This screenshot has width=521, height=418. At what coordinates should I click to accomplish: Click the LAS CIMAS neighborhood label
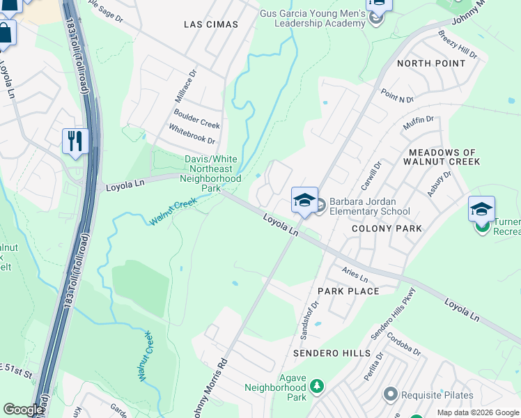point(210,24)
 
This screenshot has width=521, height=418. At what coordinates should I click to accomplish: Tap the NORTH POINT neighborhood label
point(430,63)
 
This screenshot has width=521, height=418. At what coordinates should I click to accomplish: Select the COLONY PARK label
point(387,229)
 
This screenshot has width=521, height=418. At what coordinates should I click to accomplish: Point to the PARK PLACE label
point(348,291)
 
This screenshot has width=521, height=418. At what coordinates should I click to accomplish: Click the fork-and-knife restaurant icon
point(75,141)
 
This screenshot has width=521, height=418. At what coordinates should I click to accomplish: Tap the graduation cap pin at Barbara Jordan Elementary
point(304,201)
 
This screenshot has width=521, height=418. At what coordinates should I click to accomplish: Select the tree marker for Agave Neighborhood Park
point(317,385)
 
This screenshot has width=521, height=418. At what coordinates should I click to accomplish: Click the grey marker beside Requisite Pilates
point(389,395)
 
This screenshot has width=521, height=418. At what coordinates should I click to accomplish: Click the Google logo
point(23,410)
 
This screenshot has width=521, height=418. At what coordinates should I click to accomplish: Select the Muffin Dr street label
point(418,125)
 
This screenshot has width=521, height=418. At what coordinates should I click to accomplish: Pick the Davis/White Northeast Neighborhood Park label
point(211,173)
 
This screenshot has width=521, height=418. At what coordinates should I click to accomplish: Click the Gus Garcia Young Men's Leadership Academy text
point(313,18)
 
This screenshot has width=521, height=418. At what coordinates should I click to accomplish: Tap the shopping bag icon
point(5,33)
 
